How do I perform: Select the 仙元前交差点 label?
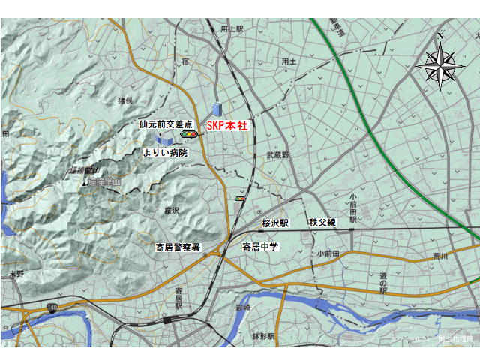click(x=166, y=124)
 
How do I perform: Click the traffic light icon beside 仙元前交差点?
click(x=188, y=134)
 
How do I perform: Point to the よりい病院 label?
click(x=165, y=152)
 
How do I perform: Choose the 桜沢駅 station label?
click(x=275, y=223)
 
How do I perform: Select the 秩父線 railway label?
click(x=322, y=223)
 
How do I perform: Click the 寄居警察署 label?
click(x=178, y=247)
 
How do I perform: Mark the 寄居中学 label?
click(x=259, y=246)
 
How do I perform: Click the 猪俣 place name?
click(x=124, y=100)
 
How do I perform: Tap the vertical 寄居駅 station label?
click(x=178, y=298)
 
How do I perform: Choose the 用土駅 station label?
click(x=232, y=28)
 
